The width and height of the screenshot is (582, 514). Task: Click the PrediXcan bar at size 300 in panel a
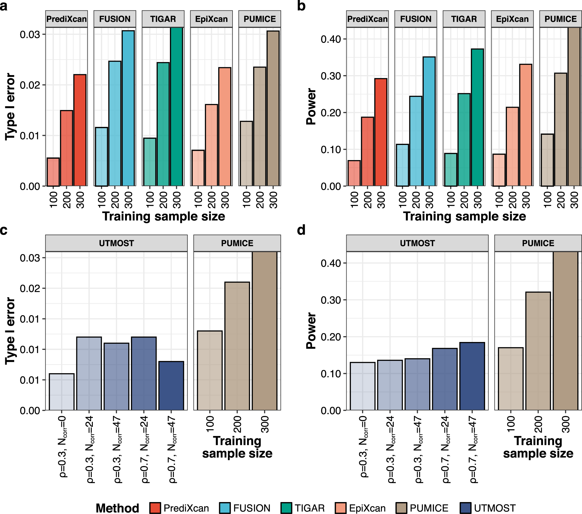point(80,130)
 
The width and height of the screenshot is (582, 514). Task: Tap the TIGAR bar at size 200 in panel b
point(464,140)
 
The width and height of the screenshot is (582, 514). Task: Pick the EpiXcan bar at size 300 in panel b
point(526,125)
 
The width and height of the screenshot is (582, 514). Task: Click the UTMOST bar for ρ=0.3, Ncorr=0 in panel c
point(62,392)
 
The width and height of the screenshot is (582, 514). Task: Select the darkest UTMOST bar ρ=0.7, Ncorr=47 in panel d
point(472,376)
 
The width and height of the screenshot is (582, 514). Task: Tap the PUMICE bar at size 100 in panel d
point(511,379)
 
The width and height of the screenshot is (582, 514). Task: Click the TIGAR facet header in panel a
point(163,19)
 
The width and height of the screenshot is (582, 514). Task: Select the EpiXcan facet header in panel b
point(512,19)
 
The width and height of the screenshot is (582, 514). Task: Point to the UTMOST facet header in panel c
point(116,243)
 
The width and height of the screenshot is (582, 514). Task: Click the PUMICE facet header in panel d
point(538,243)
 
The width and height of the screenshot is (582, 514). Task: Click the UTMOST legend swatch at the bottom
point(466,508)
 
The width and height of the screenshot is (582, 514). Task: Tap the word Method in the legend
point(117,508)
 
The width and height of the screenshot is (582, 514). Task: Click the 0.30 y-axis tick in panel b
point(330,76)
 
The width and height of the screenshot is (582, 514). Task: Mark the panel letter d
point(301,230)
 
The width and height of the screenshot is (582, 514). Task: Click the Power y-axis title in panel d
point(311,331)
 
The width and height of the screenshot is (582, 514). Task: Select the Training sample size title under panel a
point(164,216)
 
